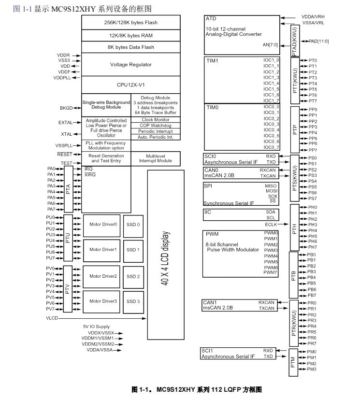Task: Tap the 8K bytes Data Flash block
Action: pyautogui.click(x=131, y=47)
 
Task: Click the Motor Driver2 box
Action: pyautogui.click(x=103, y=276)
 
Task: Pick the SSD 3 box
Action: pyautogui.click(x=133, y=301)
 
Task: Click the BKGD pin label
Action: pyautogui.click(x=66, y=108)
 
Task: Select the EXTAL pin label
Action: pyautogui.click(x=65, y=123)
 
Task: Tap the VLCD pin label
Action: pyautogui.click(x=52, y=318)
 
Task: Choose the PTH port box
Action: pyautogui.click(x=294, y=227)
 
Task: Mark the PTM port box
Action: pyautogui.click(x=293, y=360)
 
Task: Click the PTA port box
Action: pyautogui.click(x=68, y=189)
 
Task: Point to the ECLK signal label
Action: pyautogui.click(x=271, y=225)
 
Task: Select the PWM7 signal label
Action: pyautogui.click(x=271, y=273)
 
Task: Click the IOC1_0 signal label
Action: pyautogui.click(x=271, y=60)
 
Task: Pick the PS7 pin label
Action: pyautogui.click(x=312, y=199)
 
